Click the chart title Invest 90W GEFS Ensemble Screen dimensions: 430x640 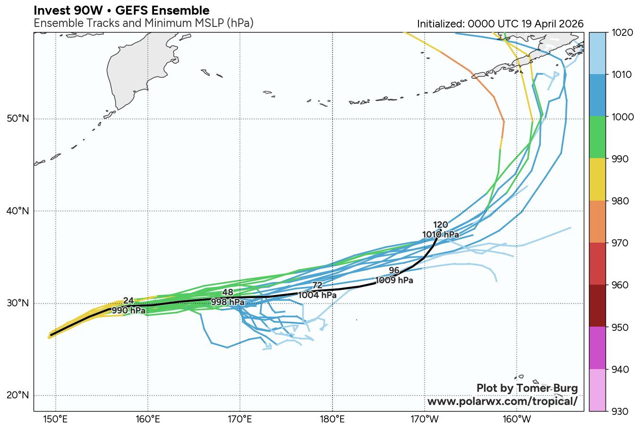(x=121, y=10)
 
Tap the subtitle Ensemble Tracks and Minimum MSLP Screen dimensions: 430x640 (x=144, y=23)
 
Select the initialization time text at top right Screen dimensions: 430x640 (x=500, y=24)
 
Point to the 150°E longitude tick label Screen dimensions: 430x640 (x=56, y=419)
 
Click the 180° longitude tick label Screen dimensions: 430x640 (x=332, y=419)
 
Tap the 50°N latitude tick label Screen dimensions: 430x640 (x=18, y=118)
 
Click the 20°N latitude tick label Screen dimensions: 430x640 (x=18, y=395)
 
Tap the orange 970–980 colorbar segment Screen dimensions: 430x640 (x=597, y=222)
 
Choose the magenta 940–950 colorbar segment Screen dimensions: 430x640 (x=597, y=348)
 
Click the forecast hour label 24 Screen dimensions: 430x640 (x=128, y=301)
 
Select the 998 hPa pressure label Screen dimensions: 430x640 (x=228, y=302)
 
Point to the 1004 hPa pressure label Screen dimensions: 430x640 (x=317, y=295)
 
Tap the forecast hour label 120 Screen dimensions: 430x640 (x=440, y=225)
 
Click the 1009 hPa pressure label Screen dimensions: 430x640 (x=394, y=280)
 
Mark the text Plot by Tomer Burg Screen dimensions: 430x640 (x=527, y=388)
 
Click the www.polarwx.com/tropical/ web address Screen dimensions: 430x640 (x=502, y=402)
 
